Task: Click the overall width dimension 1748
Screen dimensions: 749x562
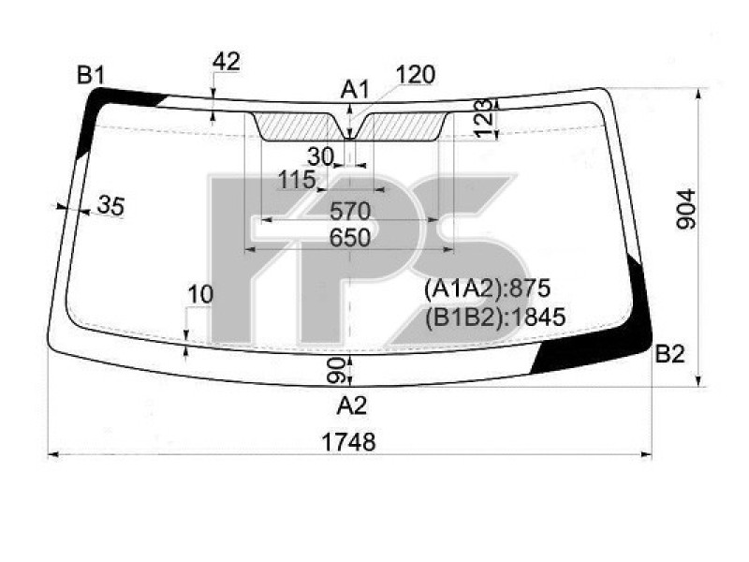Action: tap(348, 442)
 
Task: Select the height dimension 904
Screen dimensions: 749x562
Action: tap(686, 209)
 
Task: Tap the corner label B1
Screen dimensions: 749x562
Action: tap(91, 75)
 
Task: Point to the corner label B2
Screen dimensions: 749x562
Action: tap(669, 354)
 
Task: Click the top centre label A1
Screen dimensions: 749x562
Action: tap(355, 89)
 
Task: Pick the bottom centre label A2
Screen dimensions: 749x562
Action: tap(352, 406)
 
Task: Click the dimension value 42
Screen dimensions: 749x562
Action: tap(227, 62)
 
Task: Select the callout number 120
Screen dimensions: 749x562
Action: tap(415, 75)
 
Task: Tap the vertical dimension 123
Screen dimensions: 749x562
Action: tap(483, 118)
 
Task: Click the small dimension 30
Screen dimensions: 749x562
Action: tap(320, 156)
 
